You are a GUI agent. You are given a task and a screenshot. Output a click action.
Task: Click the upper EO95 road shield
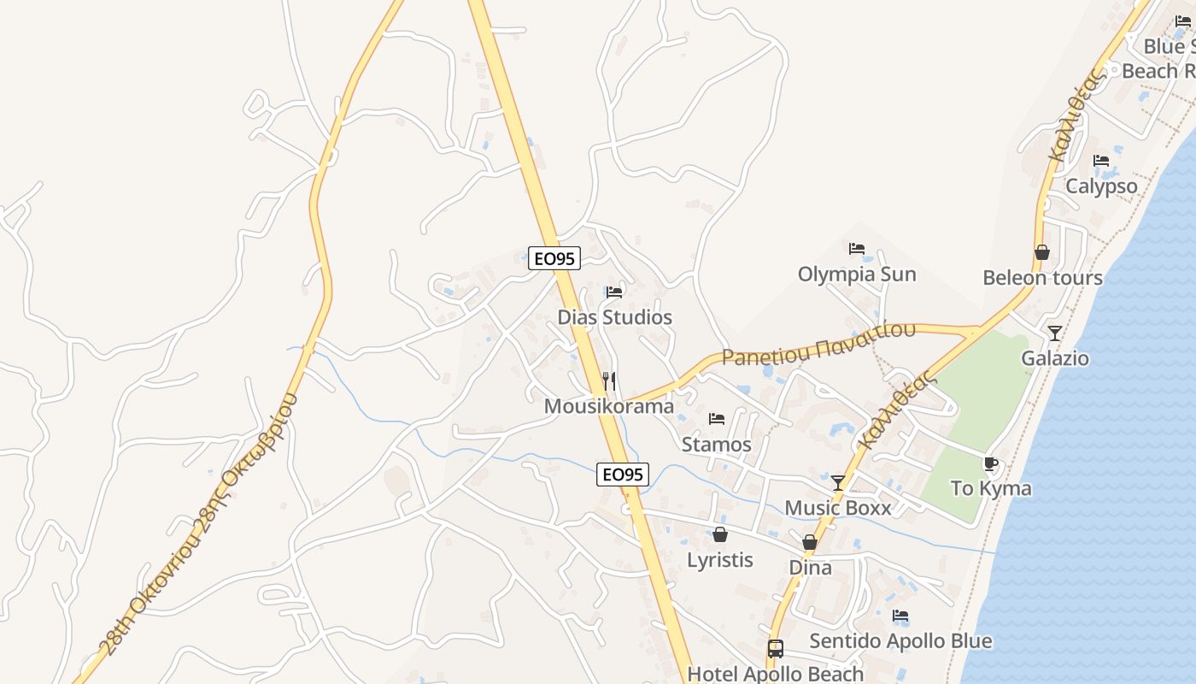(x=554, y=257)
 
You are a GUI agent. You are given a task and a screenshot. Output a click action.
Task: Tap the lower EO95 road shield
(x=622, y=475)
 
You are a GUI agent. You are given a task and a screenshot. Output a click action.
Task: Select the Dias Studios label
(x=615, y=317)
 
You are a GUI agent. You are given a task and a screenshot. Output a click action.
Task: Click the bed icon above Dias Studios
(x=614, y=292)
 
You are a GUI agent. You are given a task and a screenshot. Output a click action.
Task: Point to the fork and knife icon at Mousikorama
(x=609, y=380)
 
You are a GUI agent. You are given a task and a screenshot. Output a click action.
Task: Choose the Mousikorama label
(x=609, y=406)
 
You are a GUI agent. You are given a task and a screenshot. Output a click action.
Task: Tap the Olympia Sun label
(x=857, y=274)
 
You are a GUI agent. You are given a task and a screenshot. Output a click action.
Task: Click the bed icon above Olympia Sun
(x=857, y=249)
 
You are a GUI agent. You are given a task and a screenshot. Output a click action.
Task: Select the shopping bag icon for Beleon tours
(x=1042, y=252)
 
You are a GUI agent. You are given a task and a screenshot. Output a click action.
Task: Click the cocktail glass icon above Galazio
(x=1055, y=333)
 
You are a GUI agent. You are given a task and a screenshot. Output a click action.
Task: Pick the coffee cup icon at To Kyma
(x=990, y=464)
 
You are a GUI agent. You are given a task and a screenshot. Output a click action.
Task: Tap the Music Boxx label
(x=837, y=508)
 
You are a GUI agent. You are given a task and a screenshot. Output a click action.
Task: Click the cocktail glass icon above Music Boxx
(x=838, y=482)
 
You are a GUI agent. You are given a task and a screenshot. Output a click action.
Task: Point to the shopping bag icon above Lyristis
(x=720, y=534)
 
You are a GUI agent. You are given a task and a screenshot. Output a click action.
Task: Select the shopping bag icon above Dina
(x=810, y=542)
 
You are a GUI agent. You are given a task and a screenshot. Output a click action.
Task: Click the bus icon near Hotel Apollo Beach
(x=776, y=649)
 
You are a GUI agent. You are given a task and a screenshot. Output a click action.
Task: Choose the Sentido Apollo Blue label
(x=900, y=641)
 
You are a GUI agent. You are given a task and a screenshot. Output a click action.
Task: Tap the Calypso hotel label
(x=1101, y=186)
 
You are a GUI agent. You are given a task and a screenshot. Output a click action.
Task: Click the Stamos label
(x=716, y=445)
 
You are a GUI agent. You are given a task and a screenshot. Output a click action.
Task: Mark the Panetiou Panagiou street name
(x=818, y=344)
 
